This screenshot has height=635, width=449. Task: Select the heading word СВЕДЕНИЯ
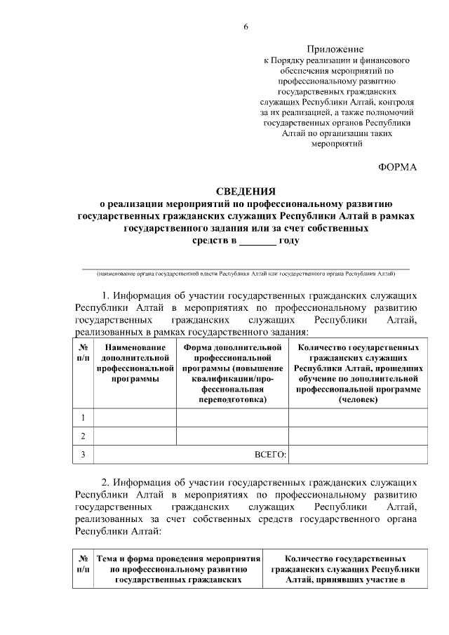[245, 192]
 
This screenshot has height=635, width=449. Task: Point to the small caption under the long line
[246, 274]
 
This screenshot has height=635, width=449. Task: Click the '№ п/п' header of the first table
[83, 352]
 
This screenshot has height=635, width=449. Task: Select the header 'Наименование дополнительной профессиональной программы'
[134, 363]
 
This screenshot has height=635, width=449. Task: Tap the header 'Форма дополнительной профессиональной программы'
[232, 373]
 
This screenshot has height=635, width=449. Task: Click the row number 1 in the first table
[83, 418]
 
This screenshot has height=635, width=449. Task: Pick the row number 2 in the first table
[83, 436]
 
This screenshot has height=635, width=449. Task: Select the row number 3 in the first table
[83, 455]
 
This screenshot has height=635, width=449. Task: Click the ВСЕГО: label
[270, 455]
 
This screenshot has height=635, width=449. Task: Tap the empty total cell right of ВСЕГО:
[358, 455]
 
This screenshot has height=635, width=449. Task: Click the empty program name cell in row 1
[134, 418]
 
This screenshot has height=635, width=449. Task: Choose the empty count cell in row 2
[358, 436]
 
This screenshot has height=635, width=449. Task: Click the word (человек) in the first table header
[358, 399]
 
